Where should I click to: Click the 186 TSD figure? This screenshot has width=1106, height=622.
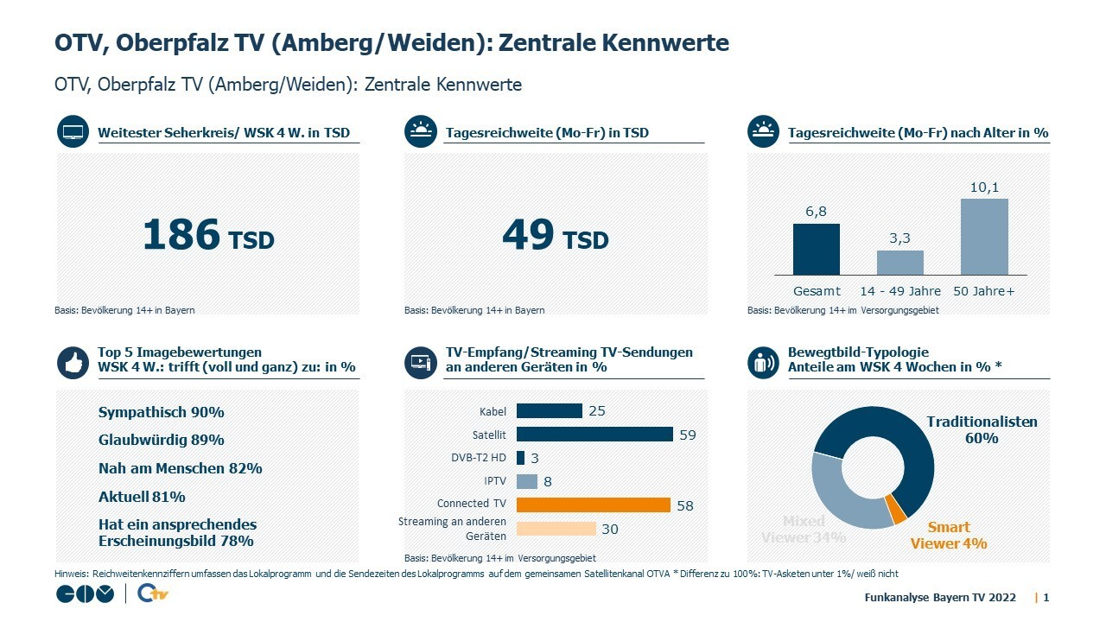pos(208,235)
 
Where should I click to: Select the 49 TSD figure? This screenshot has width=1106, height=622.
pos(556,235)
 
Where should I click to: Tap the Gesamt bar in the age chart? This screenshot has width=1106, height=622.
pos(816,249)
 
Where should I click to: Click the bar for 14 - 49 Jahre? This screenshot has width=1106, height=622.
pos(899,263)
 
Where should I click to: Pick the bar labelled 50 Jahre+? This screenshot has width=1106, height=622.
pos(983,237)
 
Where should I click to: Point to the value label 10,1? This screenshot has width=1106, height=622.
pos(983,187)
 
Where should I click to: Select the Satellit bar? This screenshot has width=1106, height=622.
pos(594,435)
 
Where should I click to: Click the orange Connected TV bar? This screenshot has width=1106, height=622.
pos(594,505)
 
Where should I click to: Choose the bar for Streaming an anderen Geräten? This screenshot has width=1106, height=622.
pos(556,529)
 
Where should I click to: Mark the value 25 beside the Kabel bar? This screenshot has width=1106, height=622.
pos(596,411)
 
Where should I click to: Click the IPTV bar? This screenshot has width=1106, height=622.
pos(527,481)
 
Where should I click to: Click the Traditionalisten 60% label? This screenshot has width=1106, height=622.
pos(982,429)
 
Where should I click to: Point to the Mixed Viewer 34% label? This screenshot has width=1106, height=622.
pos(804,529)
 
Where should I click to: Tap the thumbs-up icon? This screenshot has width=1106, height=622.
pos(73,363)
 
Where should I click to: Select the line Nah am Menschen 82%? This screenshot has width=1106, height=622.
pos(180,468)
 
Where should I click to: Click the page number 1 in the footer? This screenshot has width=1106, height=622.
pos(1046,597)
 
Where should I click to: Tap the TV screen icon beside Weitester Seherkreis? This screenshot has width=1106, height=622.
pos(73,133)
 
